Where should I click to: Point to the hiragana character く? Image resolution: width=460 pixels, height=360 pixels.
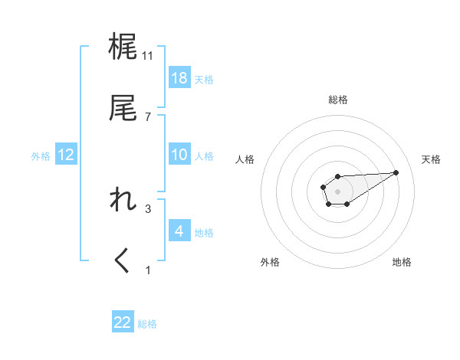pos(123,261)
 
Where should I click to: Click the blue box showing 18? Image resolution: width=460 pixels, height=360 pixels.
pos(179,78)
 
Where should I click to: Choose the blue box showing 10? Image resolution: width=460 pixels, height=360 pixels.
pos(179,155)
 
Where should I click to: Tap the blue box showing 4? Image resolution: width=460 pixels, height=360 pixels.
pos(179,231)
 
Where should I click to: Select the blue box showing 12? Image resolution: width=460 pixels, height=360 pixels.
pos(66,155)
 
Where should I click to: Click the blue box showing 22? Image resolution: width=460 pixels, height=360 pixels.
pos(123,322)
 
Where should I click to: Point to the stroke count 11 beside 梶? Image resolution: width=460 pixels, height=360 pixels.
pos(148,55)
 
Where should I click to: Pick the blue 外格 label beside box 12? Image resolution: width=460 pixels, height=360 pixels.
pos(41,156)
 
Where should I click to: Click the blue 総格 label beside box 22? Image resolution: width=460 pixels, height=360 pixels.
pos(147,324)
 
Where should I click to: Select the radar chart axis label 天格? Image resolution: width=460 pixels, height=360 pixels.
pos(432,159)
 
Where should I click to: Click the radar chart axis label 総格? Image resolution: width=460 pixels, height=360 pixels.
pos(338,100)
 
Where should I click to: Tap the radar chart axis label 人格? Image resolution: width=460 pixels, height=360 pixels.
pos(245,159)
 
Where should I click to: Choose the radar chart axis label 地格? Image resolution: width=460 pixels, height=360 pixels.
pos(402,262)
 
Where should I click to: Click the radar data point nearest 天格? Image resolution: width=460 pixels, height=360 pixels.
pos(396,172)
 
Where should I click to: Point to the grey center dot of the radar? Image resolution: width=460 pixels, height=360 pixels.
pos(338,190)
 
